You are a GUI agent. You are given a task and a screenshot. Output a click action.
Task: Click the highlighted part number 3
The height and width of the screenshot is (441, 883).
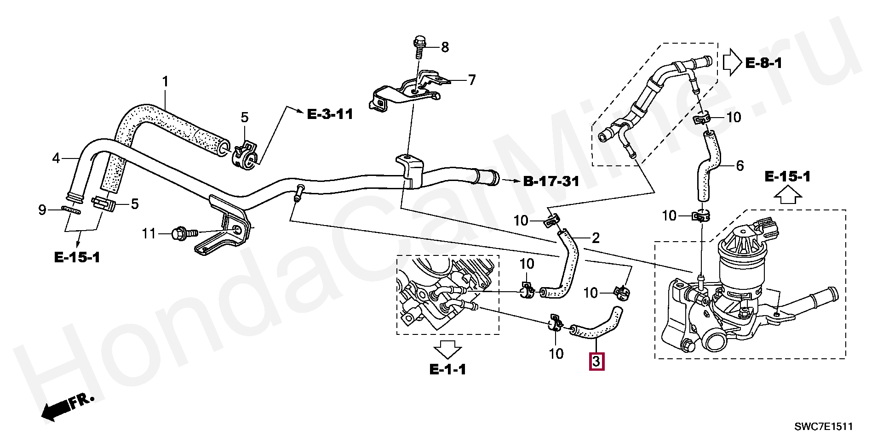coord(596,362)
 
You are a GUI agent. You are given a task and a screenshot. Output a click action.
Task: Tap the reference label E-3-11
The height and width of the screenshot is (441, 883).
coord(330,114)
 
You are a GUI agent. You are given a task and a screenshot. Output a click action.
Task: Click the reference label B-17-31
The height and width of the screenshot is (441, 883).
coord(551,181)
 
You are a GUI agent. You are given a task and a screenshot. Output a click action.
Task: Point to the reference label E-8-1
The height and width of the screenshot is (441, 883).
coord(763,63)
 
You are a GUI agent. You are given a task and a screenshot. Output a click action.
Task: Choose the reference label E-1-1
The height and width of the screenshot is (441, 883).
coord(447,369)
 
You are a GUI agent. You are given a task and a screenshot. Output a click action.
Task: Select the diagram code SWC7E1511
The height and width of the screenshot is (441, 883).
coord(823,427)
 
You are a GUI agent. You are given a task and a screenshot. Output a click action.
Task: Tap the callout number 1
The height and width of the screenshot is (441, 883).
coord(165,82)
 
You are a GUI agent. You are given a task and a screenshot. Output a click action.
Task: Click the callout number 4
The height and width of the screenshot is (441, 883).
coord(56,158)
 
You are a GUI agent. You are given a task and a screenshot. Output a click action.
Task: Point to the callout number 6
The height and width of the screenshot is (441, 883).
coord(740,165)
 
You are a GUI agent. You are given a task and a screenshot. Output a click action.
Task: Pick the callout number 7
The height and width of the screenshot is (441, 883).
coord(471,80)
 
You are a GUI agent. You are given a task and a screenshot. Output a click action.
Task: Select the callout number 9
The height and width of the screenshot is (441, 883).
coord(42,210)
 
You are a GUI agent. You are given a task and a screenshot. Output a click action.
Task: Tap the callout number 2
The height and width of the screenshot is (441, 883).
coord(596,238)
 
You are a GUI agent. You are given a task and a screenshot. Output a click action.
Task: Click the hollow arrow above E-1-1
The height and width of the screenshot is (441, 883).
coord(447,349)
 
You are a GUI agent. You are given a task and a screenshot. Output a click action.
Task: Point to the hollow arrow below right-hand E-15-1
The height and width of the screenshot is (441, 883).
coord(787,197)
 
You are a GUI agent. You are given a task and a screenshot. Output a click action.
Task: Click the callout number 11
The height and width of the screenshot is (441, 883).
coord(149,233)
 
